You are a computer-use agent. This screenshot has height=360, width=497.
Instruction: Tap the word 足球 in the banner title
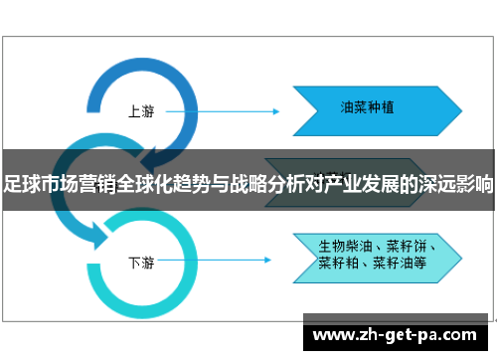[17, 184]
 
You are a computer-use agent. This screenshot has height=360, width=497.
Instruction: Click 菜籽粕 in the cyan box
[338, 264]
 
